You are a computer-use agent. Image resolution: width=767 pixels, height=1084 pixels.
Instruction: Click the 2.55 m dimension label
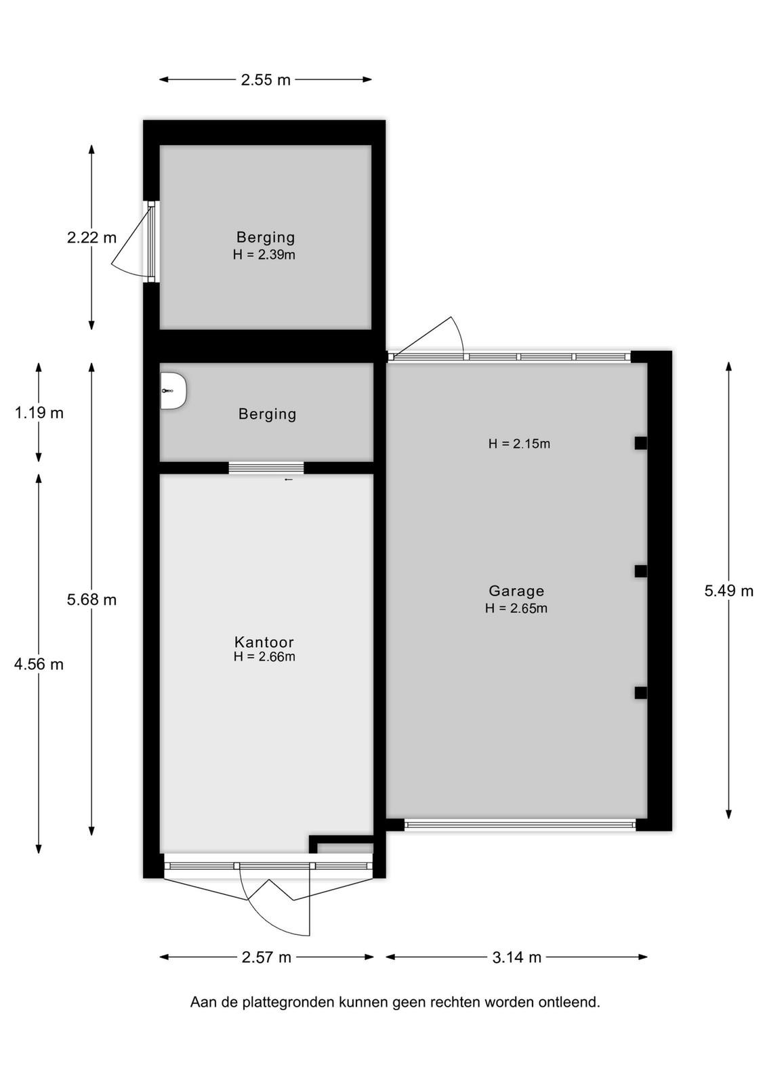266,80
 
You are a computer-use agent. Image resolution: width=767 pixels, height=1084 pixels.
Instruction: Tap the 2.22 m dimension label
92,238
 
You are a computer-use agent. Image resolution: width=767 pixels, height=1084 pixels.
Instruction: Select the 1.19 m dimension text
39,413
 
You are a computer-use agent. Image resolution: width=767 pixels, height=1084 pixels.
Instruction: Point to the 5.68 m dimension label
92,600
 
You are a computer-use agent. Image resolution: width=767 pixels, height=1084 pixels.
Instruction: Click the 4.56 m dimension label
39,665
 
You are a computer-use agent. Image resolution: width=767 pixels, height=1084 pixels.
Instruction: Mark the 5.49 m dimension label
729,591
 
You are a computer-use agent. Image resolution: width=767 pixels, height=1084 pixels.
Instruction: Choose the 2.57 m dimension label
267,957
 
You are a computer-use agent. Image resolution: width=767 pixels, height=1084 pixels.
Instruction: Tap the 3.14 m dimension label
517,957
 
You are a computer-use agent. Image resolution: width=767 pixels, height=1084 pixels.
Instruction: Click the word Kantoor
264,642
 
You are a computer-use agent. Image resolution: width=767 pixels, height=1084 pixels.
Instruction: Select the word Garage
516,591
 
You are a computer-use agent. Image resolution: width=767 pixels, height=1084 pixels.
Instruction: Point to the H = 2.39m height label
264,255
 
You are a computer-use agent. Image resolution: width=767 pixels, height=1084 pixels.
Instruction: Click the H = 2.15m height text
519,444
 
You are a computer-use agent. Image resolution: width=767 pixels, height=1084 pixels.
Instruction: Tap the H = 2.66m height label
264,656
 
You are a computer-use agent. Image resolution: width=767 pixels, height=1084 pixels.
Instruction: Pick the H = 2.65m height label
516,608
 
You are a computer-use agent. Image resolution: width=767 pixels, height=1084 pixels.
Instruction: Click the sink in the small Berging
173,391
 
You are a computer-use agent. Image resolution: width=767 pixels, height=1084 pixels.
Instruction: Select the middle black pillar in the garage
641,572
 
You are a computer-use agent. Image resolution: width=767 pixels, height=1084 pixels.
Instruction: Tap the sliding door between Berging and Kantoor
266,468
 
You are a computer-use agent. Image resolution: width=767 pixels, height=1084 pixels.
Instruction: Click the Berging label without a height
267,414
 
